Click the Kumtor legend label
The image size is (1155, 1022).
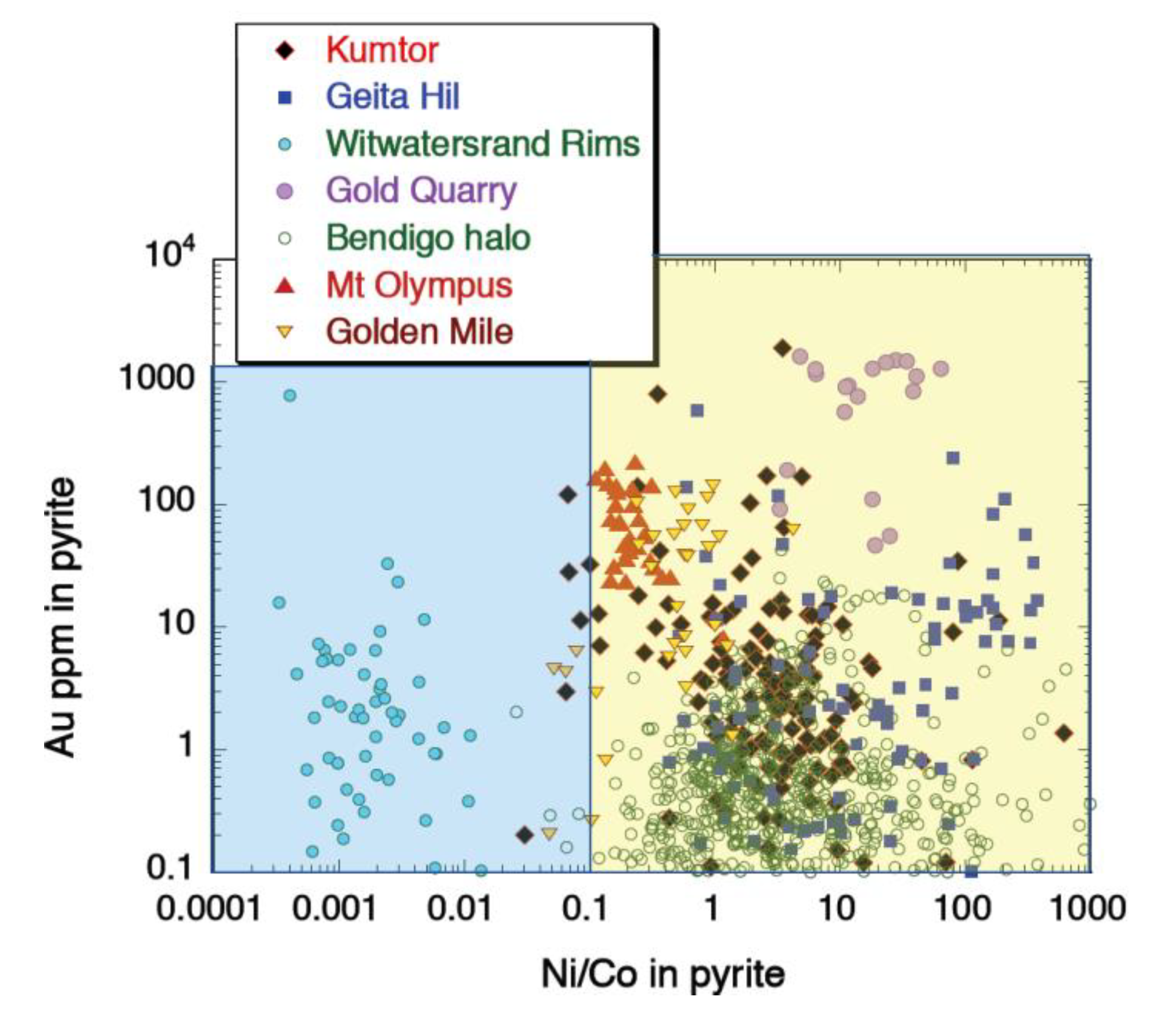point(382,50)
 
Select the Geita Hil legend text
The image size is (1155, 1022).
point(393,96)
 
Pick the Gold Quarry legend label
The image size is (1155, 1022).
point(422,190)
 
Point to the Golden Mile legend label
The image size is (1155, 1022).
point(420,332)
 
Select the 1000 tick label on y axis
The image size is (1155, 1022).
point(157,378)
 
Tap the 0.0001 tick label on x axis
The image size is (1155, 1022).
point(208,910)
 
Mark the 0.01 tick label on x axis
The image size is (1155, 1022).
point(459,910)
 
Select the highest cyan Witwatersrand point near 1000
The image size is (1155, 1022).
point(290,395)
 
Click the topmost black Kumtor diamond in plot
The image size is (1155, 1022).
point(783,348)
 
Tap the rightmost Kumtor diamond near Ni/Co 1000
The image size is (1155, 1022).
point(1065,733)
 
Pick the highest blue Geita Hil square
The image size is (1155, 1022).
point(698,411)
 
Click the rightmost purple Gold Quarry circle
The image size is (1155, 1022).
point(941,369)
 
